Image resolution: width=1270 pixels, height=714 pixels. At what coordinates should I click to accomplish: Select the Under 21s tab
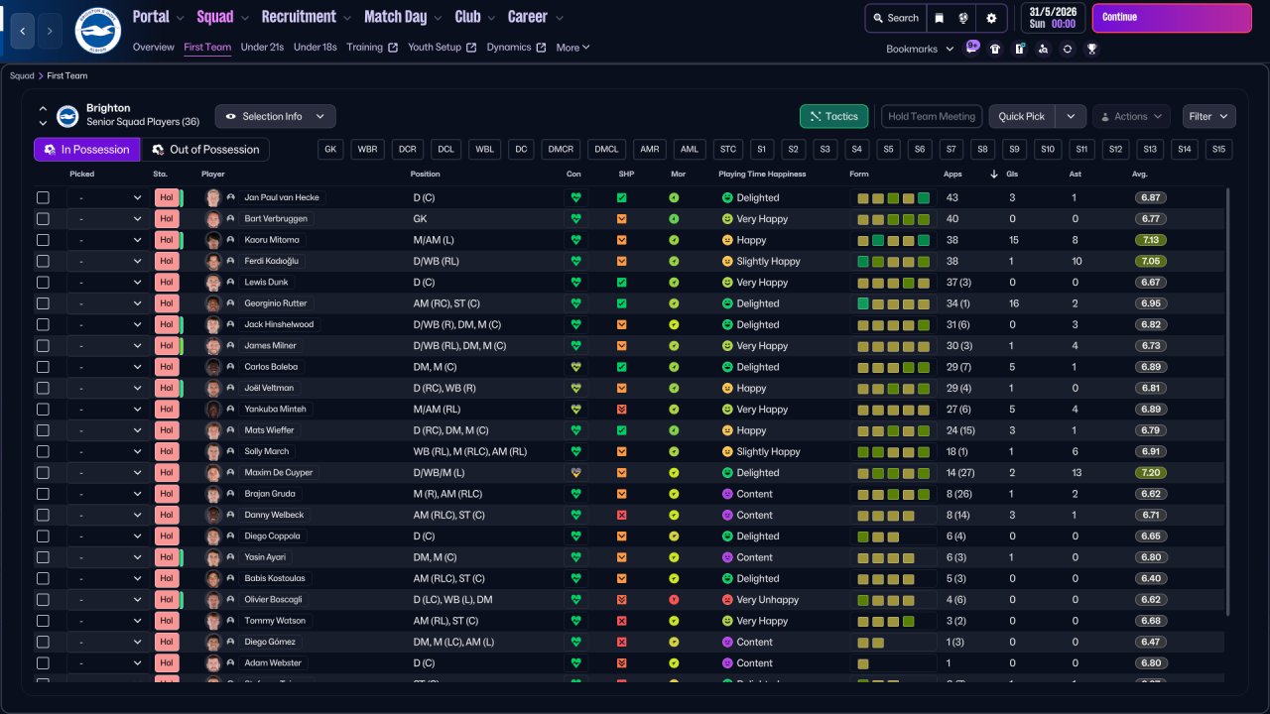tap(262, 48)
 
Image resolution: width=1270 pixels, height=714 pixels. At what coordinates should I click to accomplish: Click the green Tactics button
tap(833, 116)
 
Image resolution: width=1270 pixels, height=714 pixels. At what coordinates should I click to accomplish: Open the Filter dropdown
tap(1208, 116)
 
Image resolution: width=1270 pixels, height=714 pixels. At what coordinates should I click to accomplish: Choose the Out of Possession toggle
tap(205, 150)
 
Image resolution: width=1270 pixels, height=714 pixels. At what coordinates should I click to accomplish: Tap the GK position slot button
tap(331, 150)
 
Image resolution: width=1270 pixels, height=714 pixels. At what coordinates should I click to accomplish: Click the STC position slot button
tap(728, 150)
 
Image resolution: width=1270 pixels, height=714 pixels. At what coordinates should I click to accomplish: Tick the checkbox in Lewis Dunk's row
tap(43, 283)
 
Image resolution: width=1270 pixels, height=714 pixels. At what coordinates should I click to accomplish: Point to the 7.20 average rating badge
tap(1151, 473)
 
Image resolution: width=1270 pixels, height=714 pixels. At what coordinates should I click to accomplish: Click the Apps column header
tap(952, 175)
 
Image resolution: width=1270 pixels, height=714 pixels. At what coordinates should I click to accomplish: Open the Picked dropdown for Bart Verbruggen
tap(107, 219)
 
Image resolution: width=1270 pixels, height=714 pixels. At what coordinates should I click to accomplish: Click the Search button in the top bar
tap(896, 18)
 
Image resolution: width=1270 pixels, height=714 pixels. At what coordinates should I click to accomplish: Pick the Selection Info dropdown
tap(275, 116)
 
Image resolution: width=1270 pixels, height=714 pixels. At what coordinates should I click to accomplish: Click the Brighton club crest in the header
tap(97, 31)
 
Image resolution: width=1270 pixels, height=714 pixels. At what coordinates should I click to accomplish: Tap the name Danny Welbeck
tap(274, 516)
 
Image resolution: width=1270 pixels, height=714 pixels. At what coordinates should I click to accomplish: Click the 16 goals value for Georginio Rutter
tap(1014, 303)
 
